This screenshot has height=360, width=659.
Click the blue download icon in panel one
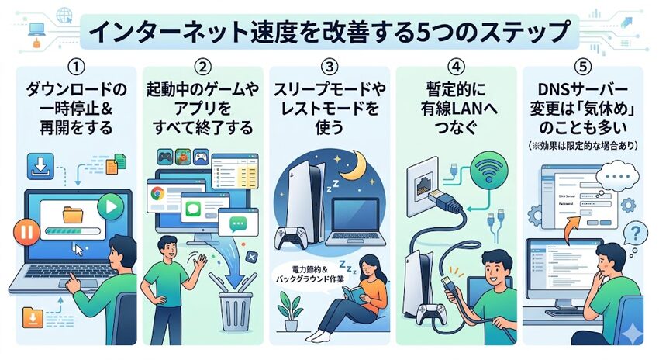pyautogui.click(x=39, y=165)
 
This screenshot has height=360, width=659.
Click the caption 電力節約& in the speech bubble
pyautogui.click(x=308, y=265)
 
